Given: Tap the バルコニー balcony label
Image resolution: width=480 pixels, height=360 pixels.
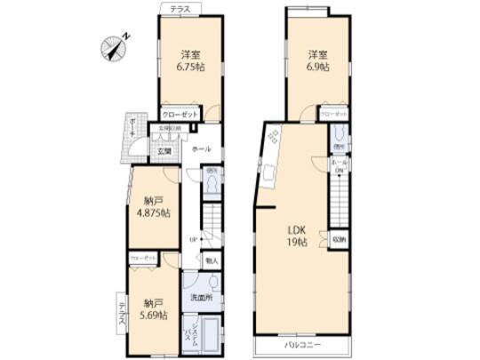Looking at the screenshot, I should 302,343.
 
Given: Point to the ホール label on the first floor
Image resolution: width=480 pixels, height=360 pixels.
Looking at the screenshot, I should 201,148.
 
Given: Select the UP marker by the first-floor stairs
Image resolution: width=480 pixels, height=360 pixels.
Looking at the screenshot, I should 194,241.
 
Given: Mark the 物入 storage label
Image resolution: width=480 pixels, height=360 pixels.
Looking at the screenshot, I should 212,261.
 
